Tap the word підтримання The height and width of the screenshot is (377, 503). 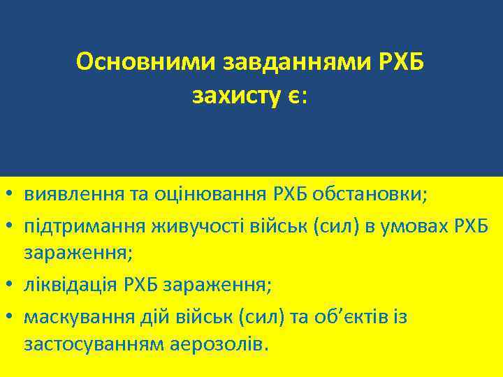pyautogui.click(x=82, y=227)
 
